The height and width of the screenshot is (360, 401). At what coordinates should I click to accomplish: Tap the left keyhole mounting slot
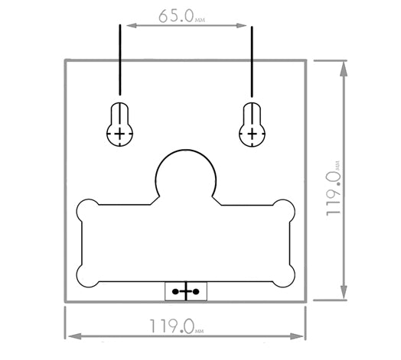coord(119,124)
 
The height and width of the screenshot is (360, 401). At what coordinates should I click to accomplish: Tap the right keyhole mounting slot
coord(253,125)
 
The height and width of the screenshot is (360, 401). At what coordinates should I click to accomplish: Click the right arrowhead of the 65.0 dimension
coord(242,25)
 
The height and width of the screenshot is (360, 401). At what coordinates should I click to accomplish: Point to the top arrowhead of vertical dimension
coord(344,69)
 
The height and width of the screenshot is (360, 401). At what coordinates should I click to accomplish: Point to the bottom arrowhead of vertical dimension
coord(344,292)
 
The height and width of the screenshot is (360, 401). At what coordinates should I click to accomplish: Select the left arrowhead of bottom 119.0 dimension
coord(75,336)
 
